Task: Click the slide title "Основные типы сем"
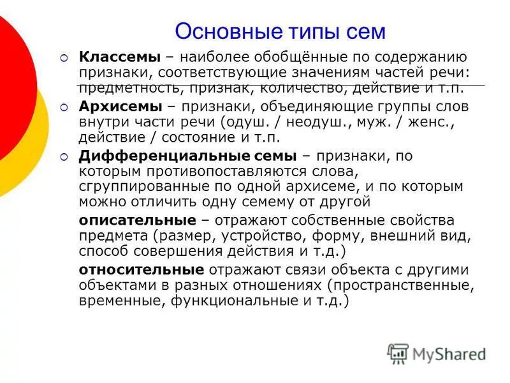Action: click(x=280, y=31)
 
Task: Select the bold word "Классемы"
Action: click(x=119, y=58)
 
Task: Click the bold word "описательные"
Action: click(x=137, y=220)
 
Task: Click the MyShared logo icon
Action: click(x=398, y=354)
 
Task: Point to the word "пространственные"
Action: click(x=398, y=285)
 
